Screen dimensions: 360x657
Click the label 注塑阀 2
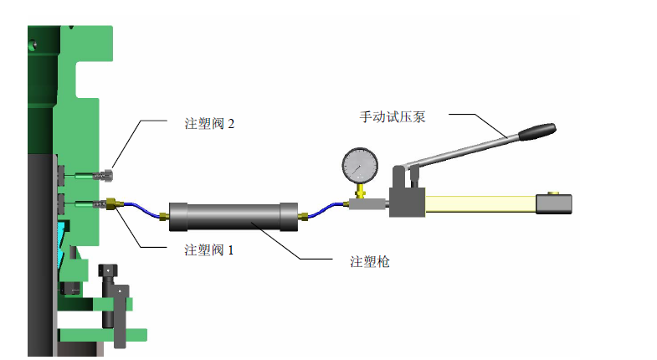pos(209,123)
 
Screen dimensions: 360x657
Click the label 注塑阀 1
pos(209,249)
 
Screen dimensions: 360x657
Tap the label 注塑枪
pos(370,261)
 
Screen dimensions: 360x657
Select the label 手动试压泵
pos(393,116)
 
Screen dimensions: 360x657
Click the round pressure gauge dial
pos(361,165)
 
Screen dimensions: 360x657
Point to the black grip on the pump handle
pos(536,131)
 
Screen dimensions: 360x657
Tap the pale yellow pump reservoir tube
pos(481,203)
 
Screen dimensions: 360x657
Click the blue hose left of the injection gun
pos(142,211)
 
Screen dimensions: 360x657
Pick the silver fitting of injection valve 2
pos(107,177)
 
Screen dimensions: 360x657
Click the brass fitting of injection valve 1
pos(110,203)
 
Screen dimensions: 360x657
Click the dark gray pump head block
pos(407,198)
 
